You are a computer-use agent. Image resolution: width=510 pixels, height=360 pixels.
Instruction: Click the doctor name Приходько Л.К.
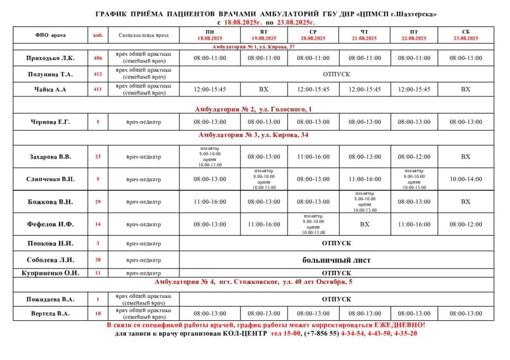[50, 58]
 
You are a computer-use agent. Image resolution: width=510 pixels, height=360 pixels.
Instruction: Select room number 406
[98, 58]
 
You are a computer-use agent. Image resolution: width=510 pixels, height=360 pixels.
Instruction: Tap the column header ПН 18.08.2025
[209, 35]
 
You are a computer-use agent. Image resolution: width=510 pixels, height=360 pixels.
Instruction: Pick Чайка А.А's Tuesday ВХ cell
[263, 89]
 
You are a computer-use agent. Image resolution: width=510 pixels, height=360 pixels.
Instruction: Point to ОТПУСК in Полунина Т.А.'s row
[336, 74]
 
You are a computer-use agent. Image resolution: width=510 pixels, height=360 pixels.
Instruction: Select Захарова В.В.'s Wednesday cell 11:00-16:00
[313, 157]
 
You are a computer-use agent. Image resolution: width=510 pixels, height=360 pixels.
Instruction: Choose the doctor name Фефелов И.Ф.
[50, 225]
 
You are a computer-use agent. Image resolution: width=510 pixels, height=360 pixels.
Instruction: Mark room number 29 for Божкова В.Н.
[98, 202]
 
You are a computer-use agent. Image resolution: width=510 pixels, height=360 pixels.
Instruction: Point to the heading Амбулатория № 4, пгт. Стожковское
[253, 282]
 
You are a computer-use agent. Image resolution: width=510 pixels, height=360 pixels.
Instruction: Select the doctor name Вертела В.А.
[48, 313]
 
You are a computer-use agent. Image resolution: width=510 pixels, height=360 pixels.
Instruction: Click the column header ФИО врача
[51, 35]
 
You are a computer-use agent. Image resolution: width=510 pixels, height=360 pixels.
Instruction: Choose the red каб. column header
[98, 35]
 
